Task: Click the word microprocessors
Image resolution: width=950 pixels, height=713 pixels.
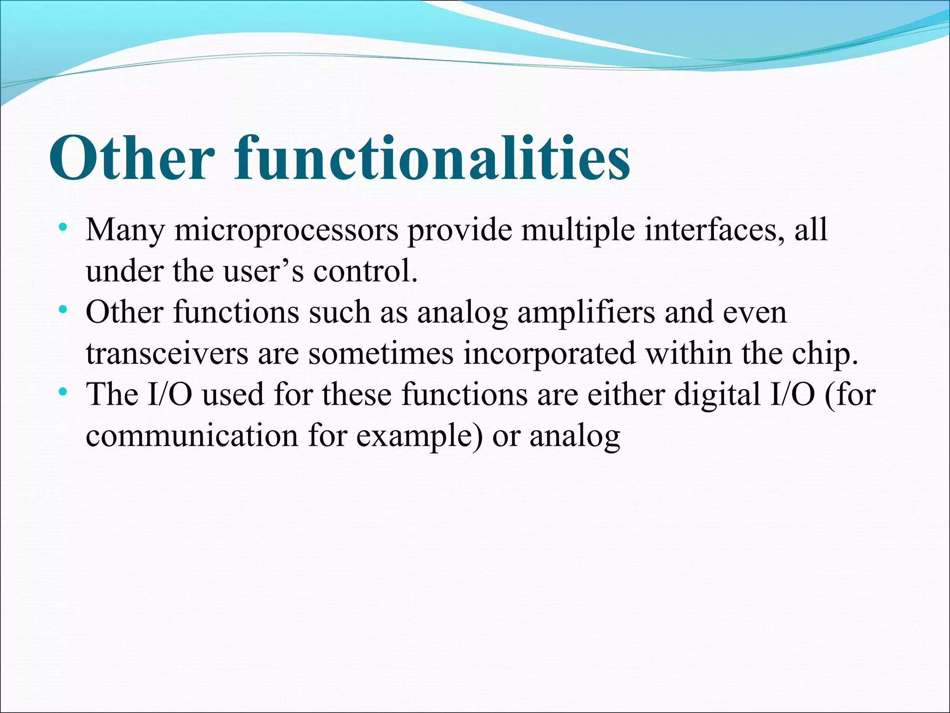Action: tap(286, 230)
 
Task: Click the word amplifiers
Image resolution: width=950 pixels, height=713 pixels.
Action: tap(586, 312)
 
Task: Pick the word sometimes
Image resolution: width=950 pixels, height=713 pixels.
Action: tap(381, 354)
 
